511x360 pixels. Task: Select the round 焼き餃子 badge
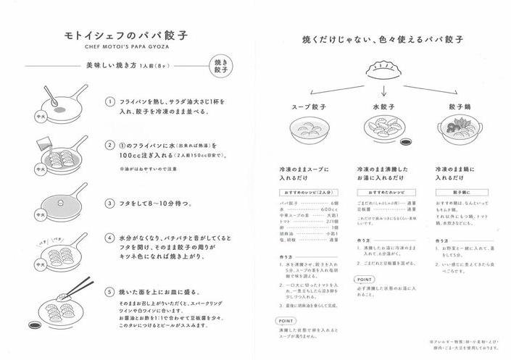coord(221,67)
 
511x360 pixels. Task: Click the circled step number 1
coord(110,102)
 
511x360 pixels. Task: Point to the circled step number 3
coord(110,204)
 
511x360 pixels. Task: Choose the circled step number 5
coord(110,292)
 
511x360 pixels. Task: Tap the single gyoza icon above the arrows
coord(383,71)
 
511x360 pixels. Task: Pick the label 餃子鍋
coord(461,107)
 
